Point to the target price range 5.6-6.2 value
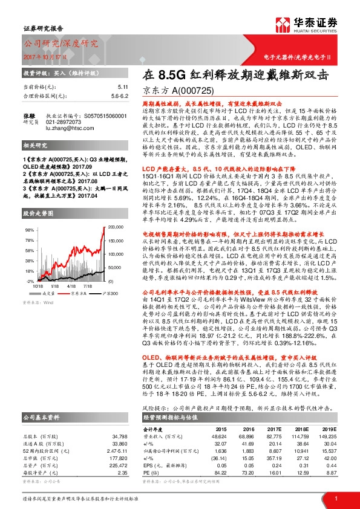(x=119, y=96)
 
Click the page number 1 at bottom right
(x=335, y=498)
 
